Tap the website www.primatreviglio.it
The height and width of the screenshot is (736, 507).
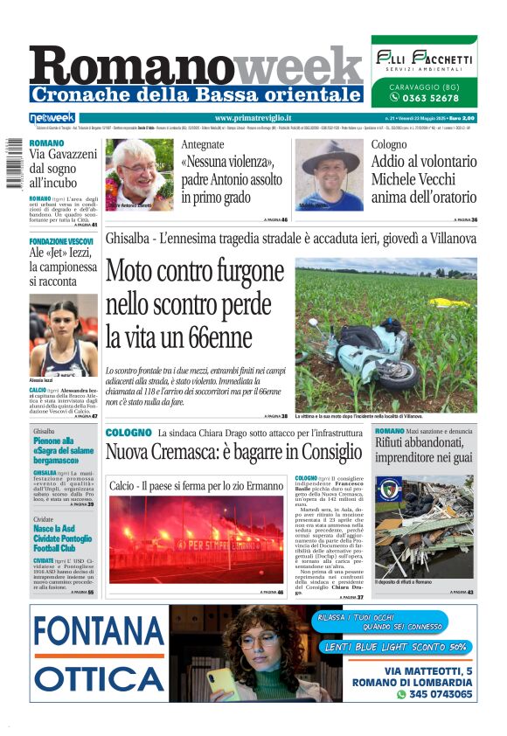[253, 118]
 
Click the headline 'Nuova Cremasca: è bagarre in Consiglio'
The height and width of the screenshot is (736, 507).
[233, 453]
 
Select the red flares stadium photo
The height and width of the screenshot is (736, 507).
[196, 539]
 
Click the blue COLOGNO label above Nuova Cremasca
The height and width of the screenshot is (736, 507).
[128, 433]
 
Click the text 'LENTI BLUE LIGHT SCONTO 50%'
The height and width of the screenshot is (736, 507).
[395, 647]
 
